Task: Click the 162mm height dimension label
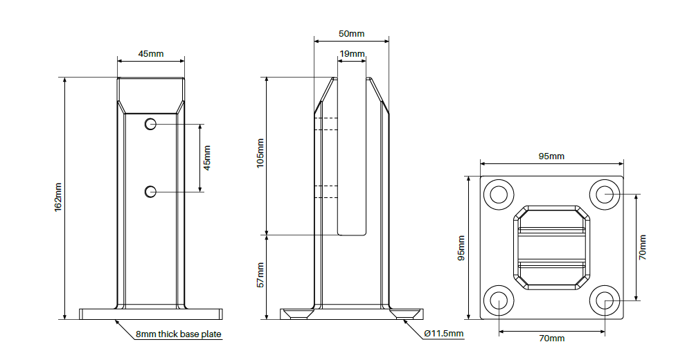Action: (58, 197)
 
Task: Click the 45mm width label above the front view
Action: (151, 54)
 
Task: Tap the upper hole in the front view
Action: (150, 124)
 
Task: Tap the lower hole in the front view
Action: (150, 190)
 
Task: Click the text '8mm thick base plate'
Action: (178, 335)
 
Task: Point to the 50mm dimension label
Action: (351, 33)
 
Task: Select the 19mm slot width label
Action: (351, 54)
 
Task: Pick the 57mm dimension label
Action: (260, 275)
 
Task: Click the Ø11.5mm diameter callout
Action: (443, 334)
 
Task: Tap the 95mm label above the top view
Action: (551, 156)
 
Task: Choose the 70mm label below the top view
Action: (551, 339)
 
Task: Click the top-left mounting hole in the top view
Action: (499, 195)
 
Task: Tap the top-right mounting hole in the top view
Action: (605, 195)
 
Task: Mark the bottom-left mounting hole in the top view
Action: (499, 300)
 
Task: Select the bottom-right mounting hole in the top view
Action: (605, 300)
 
